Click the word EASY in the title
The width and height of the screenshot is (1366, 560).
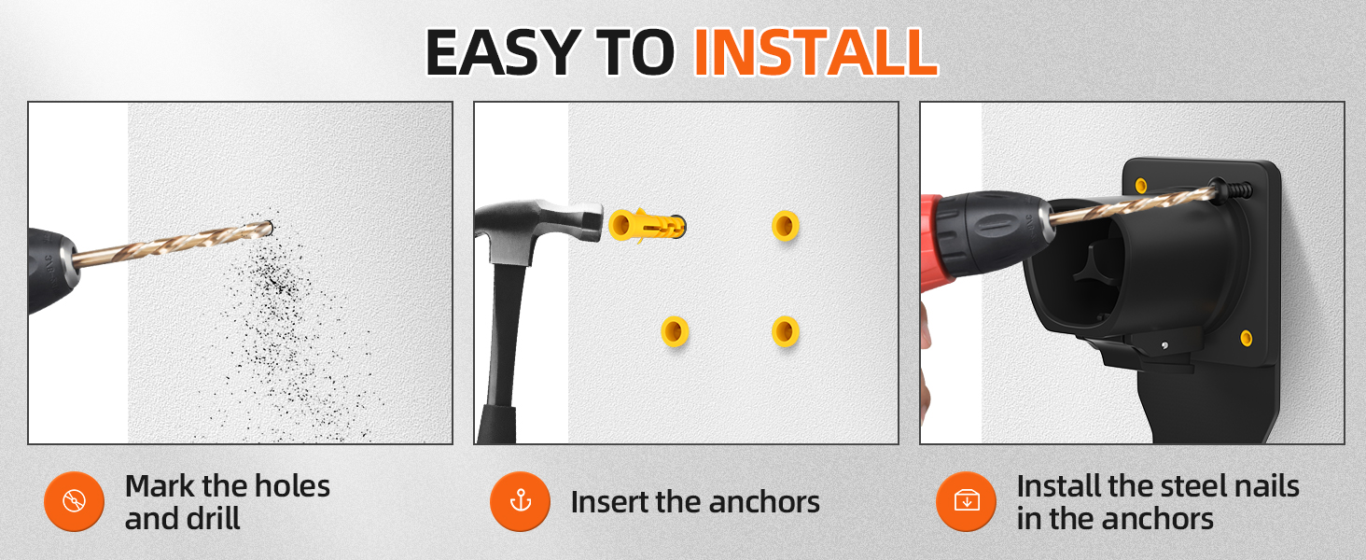pos(503,52)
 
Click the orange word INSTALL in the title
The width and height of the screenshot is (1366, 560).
pos(815,52)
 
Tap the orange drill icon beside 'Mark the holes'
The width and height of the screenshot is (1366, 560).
pos(75,501)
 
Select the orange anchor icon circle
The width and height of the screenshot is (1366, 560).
pos(520,501)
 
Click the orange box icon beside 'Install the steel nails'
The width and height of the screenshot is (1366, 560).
pos(967,501)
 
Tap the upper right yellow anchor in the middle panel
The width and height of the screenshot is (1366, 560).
pos(786,226)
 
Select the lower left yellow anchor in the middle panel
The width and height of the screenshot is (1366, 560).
pos(675,331)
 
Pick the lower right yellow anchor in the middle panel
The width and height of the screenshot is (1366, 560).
pos(786,331)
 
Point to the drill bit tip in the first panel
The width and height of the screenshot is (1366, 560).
pos(270,228)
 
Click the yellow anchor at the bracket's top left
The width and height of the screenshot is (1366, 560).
pos(1140,186)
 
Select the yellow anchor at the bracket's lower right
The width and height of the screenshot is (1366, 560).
pos(1247,337)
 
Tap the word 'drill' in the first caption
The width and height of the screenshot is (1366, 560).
pos(213,519)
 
